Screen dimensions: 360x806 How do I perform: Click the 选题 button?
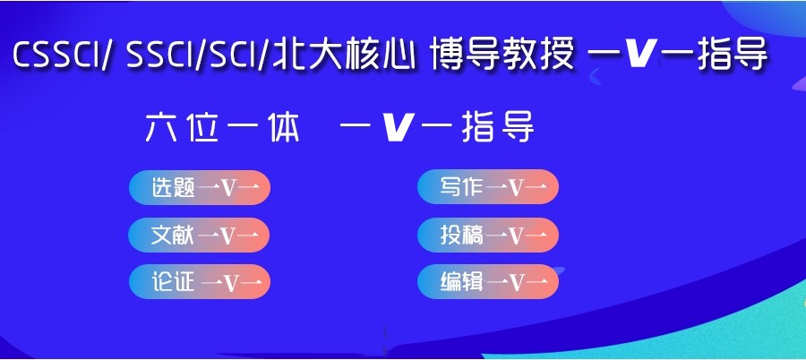coord(199,187)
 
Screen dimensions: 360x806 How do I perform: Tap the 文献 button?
coord(199,235)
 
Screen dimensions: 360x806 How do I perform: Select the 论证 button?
coord(199,282)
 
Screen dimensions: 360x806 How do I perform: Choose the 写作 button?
coord(488,187)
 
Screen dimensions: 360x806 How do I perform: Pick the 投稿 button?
coord(488,235)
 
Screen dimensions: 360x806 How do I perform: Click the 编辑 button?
coord(488,282)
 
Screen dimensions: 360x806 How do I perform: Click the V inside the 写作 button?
coord(517,188)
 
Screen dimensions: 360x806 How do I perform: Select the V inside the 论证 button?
coord(230,283)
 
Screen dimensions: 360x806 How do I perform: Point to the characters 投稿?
coord(462,235)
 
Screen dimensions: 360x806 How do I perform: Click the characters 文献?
coord(173,235)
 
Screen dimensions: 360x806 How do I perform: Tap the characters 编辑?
coord(462,282)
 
